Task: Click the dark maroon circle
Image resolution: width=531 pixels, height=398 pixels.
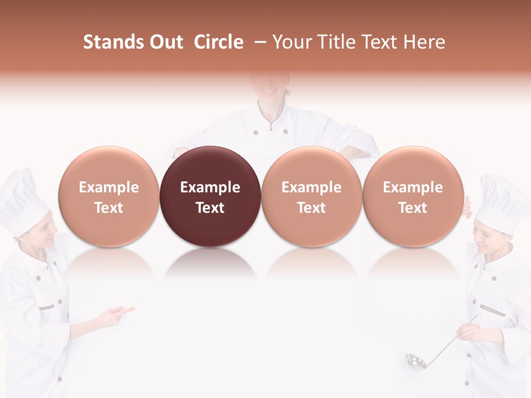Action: [x=210, y=196]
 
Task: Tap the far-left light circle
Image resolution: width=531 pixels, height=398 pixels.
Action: [x=109, y=196]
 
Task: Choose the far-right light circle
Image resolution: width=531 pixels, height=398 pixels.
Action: [x=413, y=196]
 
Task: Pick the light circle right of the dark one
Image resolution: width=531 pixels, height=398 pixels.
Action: [x=311, y=196]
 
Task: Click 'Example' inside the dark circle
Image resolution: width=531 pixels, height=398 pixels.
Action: [x=210, y=187]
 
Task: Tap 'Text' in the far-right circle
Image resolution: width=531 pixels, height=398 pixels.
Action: [x=413, y=208]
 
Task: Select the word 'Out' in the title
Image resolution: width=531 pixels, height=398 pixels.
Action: [x=165, y=42]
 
